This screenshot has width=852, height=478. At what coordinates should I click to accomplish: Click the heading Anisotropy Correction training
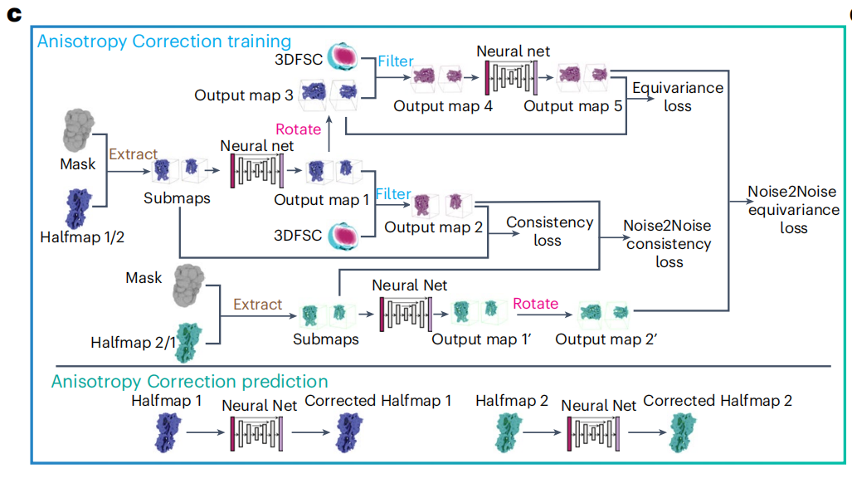click(x=164, y=41)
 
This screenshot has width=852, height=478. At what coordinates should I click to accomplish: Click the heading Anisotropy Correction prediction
click(x=190, y=382)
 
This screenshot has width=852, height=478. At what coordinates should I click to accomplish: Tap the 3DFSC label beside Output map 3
click(x=299, y=59)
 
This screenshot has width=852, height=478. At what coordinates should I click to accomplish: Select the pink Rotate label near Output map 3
click(x=299, y=129)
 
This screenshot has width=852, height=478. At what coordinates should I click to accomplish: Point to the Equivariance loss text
click(x=678, y=97)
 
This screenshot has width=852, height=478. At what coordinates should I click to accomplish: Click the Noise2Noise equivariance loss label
click(x=793, y=209)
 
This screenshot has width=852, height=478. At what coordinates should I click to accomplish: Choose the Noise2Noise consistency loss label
click(x=668, y=244)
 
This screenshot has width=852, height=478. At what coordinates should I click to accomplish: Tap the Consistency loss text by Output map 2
click(x=549, y=231)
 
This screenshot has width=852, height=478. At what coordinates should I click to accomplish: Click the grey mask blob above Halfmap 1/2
click(x=78, y=130)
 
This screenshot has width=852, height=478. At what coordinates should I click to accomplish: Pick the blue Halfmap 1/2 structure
click(x=78, y=208)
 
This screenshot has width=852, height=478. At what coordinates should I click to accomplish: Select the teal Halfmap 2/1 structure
click(x=189, y=342)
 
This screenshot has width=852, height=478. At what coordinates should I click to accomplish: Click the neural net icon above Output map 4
click(x=512, y=76)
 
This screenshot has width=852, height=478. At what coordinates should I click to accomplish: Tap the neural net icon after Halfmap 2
click(x=593, y=433)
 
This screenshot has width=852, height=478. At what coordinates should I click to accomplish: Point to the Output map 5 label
click(x=572, y=106)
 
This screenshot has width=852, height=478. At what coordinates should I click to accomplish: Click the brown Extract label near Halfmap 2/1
click(x=257, y=305)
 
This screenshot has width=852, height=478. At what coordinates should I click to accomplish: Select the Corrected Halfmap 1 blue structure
click(x=348, y=432)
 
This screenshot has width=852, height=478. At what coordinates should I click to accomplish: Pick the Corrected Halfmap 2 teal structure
click(x=682, y=432)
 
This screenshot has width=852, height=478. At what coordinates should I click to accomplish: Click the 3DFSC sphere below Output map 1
click(x=343, y=236)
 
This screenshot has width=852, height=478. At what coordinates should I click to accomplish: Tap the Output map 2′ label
click(x=606, y=339)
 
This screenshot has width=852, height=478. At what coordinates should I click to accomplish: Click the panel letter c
click(x=14, y=14)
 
